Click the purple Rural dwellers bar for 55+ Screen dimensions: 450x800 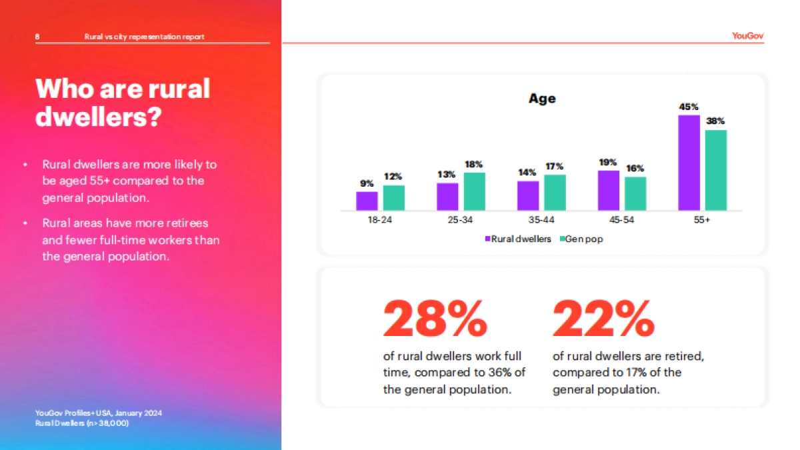[689, 163]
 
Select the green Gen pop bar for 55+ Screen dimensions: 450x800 [716, 170]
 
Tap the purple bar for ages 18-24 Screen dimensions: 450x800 [367, 201]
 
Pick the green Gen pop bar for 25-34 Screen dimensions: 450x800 [475, 191]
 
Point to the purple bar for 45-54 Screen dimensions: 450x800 [609, 190]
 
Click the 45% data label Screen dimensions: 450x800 [689, 107]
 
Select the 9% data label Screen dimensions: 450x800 [367, 183]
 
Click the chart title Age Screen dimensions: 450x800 [542, 99]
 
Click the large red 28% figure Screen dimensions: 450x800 [435, 319]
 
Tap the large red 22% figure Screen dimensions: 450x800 [604, 319]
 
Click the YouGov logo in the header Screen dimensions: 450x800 [747, 37]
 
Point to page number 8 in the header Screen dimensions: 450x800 [37, 37]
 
